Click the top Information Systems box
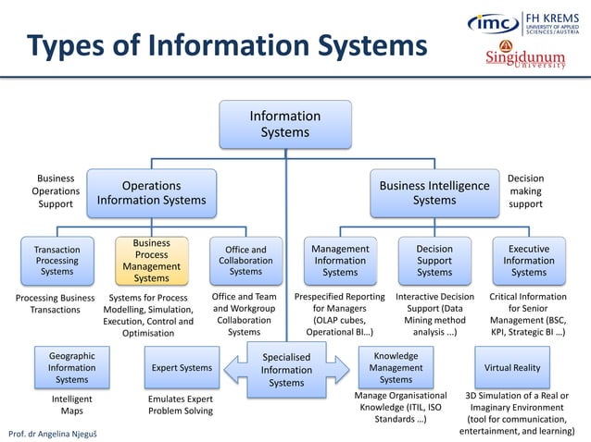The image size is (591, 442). (285, 124)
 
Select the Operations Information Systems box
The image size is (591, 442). (151, 191)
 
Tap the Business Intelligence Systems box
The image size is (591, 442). (434, 191)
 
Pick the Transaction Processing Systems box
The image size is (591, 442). (57, 260)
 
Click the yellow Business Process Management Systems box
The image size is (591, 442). (152, 260)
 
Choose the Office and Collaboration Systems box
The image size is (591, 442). (245, 260)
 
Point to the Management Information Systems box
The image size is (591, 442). (340, 260)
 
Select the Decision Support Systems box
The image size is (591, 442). (434, 260)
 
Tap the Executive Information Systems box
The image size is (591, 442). (529, 260)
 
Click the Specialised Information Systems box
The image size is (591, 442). (286, 369)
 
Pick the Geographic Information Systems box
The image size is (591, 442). (71, 367)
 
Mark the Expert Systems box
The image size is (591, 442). (182, 367)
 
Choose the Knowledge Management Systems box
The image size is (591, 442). (396, 367)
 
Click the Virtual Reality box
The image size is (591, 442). (512, 367)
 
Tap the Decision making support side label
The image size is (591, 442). (526, 190)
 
